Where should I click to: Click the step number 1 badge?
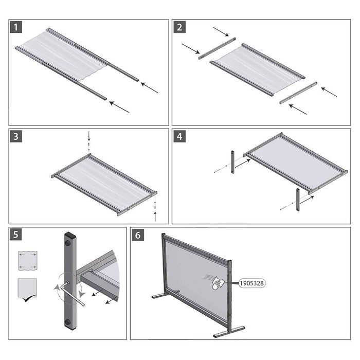[x=16, y=27]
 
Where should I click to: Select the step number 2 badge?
[x=179, y=27]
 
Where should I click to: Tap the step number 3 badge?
[x=16, y=136]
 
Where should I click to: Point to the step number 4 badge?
[x=179, y=136]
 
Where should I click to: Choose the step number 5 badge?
[x=16, y=235]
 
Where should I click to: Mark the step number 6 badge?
[x=138, y=235]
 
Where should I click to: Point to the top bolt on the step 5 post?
[x=68, y=242]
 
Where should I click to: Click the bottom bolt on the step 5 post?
[x=68, y=322]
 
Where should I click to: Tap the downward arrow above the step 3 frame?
[x=88, y=136]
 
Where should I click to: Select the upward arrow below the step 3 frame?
[x=155, y=215]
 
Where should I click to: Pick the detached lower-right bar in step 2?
[x=298, y=93]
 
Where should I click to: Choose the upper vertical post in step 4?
[x=232, y=163]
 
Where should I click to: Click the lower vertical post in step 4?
[x=297, y=201]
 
